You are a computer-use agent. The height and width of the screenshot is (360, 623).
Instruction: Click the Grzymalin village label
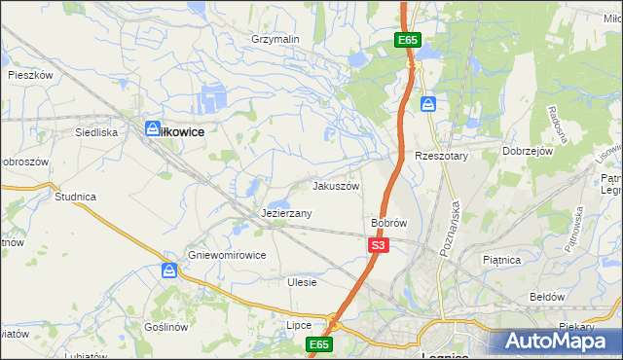(275, 39)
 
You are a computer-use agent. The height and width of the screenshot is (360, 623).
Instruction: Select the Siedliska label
(96, 130)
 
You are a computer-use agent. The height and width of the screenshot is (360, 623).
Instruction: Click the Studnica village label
(75, 197)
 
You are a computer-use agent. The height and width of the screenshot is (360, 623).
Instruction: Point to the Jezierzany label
(286, 213)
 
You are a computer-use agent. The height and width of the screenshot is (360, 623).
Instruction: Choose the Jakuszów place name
(336, 186)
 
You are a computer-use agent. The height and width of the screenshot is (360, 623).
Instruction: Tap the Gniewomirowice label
(227, 255)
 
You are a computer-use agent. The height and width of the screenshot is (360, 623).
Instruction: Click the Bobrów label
(388, 223)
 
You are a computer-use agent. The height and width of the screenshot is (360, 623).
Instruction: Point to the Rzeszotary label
(442, 156)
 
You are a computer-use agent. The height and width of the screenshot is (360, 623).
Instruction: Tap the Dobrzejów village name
(528, 152)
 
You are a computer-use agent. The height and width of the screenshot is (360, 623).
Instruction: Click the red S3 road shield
(379, 246)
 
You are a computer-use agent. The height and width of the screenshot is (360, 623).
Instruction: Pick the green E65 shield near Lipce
(319, 344)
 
